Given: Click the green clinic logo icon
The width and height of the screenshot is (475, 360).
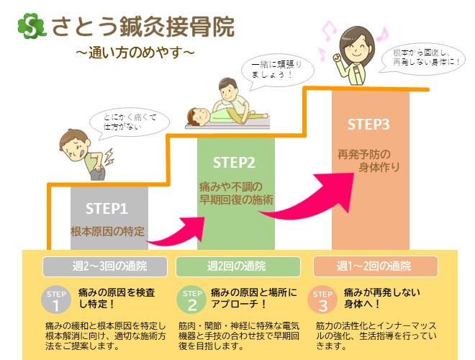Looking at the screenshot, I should pyautogui.click(x=32, y=27).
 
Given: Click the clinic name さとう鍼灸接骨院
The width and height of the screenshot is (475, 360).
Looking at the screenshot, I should pyautogui.click(x=142, y=27).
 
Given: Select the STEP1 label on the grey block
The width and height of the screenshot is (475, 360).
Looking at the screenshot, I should pyautogui.click(x=107, y=209).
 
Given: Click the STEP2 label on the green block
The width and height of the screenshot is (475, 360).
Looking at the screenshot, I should pyautogui.click(x=235, y=162).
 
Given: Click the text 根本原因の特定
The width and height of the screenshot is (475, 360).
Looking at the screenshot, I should pyautogui.click(x=107, y=232).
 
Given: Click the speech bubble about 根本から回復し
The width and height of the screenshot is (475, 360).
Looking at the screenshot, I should pyautogui.click(x=427, y=58).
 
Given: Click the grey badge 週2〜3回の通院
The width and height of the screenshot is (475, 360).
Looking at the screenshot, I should pyautogui.click(x=104, y=266).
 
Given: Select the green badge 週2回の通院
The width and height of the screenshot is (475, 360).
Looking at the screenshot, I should pyautogui.click(x=237, y=266).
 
